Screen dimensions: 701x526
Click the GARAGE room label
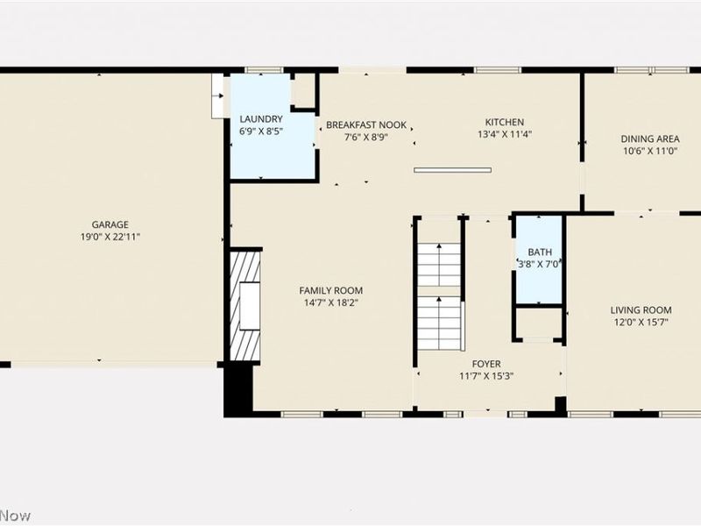pos(110,224)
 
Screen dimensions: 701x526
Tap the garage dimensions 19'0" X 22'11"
pos(110,237)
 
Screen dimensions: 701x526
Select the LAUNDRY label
pos(261,119)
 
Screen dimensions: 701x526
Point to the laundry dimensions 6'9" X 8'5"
pos(261,131)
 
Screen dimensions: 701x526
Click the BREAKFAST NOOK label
pos(366,124)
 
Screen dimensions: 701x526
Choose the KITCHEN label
pos(505,122)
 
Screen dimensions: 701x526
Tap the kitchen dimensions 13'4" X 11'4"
pos(505,134)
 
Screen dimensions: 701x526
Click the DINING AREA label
pos(650,139)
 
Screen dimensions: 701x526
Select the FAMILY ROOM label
pos(331,291)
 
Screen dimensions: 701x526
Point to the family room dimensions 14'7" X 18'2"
pos(331,302)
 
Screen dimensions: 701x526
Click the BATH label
pos(540,252)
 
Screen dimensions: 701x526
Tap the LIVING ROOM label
pos(641,310)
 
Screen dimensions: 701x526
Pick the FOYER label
pos(486,364)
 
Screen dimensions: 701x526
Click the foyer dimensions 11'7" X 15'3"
pos(486,376)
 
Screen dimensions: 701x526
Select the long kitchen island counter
pos(452,170)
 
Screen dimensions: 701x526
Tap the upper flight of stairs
pos(439,265)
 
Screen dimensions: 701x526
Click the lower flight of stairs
pos(439,323)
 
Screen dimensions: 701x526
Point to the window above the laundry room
pos(265,70)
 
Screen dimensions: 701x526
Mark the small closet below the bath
pos(539,323)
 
